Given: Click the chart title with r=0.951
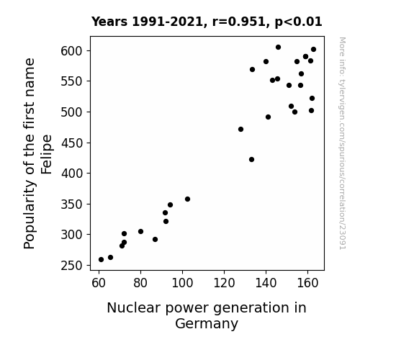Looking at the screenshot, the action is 207,22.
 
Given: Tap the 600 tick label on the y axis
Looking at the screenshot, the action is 71,50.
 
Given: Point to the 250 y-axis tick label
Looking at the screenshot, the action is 71,266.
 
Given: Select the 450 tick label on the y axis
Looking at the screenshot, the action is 71,143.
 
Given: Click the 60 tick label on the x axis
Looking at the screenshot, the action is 99,283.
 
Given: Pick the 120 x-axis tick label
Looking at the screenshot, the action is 224,283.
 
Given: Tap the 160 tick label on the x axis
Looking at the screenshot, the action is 307,283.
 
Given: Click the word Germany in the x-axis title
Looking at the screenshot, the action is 207,324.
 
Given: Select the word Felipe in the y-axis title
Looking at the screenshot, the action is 47,155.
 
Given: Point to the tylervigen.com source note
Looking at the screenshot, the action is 343,143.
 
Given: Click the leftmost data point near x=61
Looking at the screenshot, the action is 101,260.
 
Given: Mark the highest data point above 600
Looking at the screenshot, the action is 278,48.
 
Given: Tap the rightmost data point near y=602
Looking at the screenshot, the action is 313,50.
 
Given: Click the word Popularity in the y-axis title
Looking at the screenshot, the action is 29,215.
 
